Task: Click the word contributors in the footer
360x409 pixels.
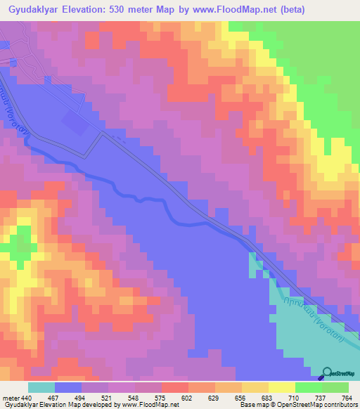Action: click(338, 405)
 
